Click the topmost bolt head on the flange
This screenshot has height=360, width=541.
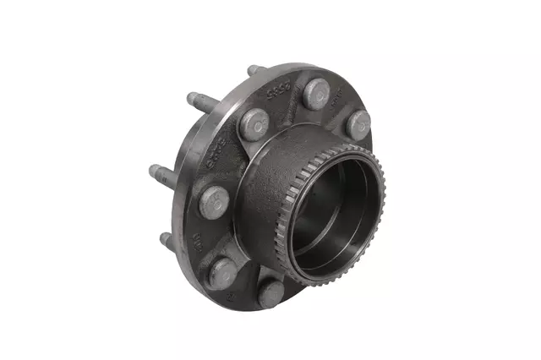point(317,93)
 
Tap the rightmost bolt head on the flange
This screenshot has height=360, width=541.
point(358,124)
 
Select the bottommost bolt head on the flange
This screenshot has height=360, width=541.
point(270,293)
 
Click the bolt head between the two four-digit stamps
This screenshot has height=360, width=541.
point(254,125)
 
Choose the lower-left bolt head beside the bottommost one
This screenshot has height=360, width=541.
point(222,273)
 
